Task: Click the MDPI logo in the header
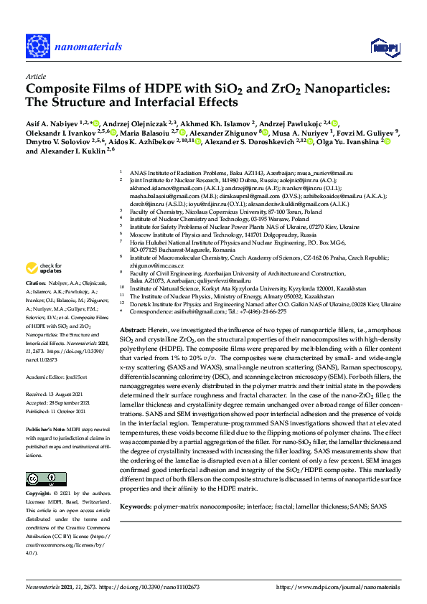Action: click(x=382, y=47)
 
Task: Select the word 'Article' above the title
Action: click(x=36, y=75)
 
